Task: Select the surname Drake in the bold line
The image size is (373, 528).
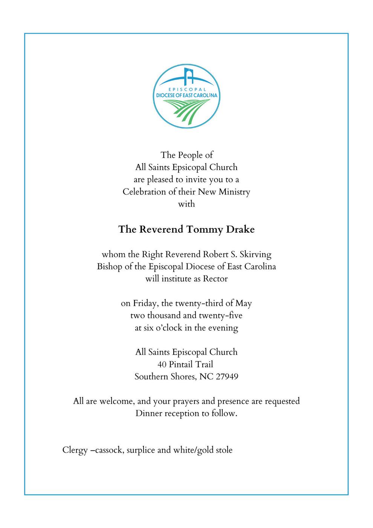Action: [240, 229]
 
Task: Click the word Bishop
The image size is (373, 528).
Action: [110, 266]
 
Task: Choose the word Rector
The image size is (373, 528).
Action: [216, 279]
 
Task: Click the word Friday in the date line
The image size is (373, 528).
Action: [145, 303]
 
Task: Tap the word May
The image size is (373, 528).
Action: [244, 303]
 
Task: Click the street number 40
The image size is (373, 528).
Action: [162, 364]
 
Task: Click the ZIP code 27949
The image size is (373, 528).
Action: [227, 376]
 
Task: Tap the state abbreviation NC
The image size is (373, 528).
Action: [206, 376]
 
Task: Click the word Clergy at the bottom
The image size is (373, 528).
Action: [75, 450]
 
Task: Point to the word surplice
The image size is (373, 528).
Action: [141, 450]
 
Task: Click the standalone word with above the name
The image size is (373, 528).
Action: [186, 204]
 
